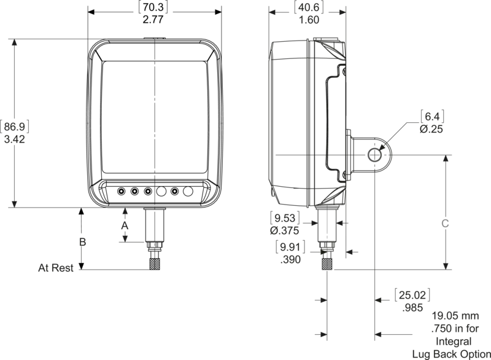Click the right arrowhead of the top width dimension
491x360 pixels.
pyautogui.click(x=342, y=12)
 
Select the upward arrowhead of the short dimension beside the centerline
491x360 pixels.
pyautogui.click(x=125, y=213)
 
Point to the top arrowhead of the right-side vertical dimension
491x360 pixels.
pyautogui.click(x=446, y=158)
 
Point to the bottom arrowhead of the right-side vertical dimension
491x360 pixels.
pyautogui.click(x=446, y=265)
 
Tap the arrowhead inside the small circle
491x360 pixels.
pyautogui.click(x=382, y=147)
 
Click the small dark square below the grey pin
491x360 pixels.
pyautogui.click(x=328, y=264)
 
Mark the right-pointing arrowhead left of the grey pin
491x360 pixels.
pyautogui.click(x=315, y=222)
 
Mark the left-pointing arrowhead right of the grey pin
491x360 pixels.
pyautogui.click(x=340, y=222)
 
